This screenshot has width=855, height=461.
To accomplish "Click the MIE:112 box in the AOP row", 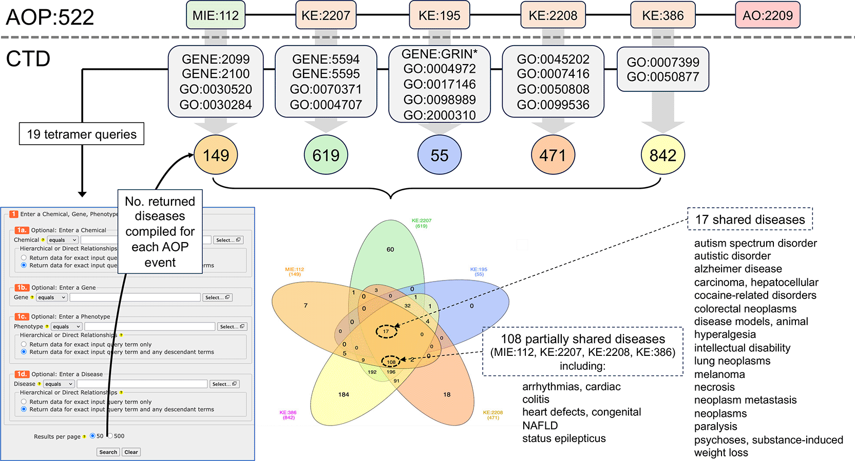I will point(216,15).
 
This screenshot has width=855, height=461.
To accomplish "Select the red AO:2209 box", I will point(767,15).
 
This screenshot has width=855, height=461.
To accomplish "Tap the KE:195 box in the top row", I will point(439,15).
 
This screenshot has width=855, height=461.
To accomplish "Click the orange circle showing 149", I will point(216,155).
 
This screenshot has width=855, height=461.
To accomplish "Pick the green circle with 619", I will point(326,155).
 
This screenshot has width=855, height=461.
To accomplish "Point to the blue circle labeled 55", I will point(439,155).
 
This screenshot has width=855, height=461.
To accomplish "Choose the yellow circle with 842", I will point(662,155).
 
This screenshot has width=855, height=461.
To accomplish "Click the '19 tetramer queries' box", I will point(82,134).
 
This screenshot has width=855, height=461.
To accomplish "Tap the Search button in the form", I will point(108,452).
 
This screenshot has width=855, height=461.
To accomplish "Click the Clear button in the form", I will point(131,452).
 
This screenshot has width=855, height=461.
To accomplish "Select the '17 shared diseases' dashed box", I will point(750,219).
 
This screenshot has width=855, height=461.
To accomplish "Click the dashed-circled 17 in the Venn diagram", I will point(386,331).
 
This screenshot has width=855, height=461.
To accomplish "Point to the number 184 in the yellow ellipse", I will point(344,394).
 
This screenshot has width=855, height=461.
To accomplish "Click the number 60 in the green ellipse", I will point(390,249).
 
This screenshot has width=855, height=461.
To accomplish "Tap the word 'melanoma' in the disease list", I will point(719,374).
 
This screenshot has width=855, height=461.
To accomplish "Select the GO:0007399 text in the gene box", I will point(662,62).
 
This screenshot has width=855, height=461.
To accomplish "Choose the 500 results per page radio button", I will point(110,436).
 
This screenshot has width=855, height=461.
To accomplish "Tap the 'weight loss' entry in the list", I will point(721,453).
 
